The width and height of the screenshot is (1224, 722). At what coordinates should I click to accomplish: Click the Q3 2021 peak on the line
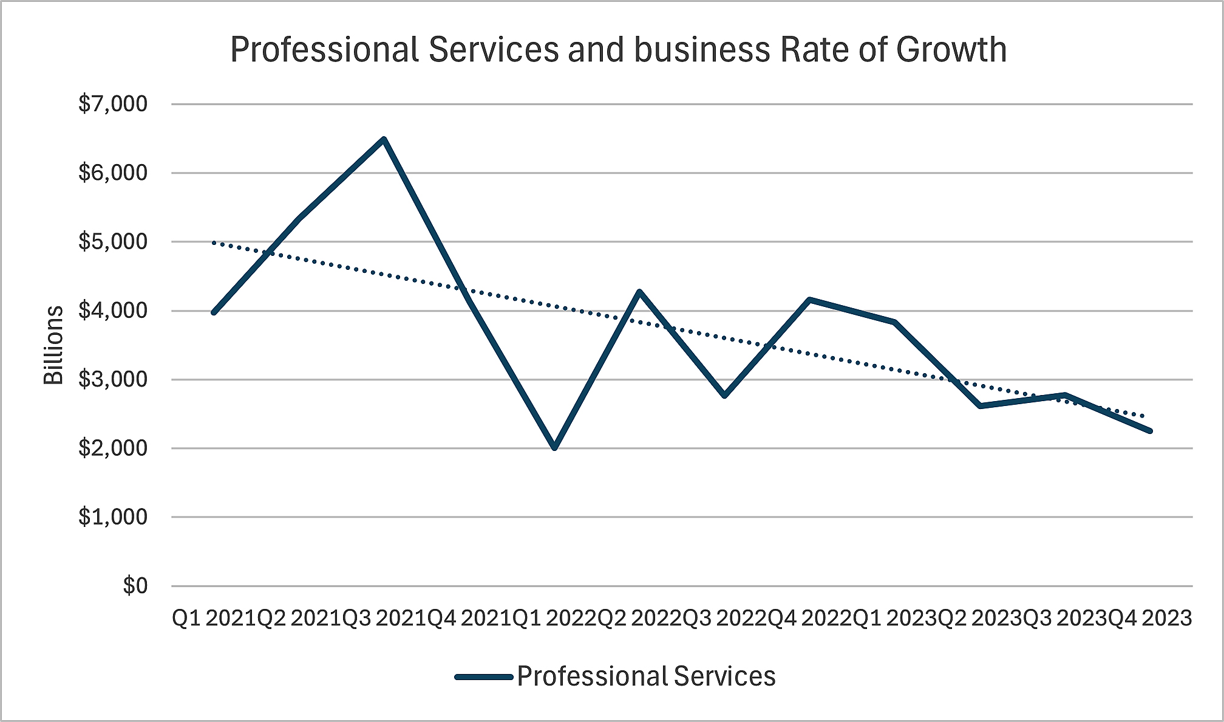tap(384, 140)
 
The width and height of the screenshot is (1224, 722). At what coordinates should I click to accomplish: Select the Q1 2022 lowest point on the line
tap(554, 447)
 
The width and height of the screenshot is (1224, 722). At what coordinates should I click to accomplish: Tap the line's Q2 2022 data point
tap(639, 292)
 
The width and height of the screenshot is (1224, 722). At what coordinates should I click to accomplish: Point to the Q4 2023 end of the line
tap(1149, 431)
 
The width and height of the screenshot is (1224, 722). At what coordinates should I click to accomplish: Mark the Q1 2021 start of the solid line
tap(214, 312)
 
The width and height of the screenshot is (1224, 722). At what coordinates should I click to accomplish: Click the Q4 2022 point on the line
tap(809, 299)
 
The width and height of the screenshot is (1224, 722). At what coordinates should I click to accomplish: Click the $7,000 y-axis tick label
tap(113, 104)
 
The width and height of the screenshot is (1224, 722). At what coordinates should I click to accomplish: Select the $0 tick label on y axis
tap(135, 586)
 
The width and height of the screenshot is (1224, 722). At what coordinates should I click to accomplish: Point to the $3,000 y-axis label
tap(113, 379)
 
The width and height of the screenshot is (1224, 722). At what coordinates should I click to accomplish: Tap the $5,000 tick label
tap(113, 242)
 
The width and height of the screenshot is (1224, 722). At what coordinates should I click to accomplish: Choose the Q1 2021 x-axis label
tap(214, 618)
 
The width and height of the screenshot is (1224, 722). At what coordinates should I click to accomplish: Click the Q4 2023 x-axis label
tap(1150, 618)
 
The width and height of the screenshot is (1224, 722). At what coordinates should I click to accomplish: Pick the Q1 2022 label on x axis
tap(554, 618)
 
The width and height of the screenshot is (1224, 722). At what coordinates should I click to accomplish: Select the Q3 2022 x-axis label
tap(725, 618)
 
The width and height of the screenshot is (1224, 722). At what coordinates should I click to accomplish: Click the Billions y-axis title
tap(53, 345)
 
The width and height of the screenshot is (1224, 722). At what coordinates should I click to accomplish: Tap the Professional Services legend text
tap(646, 676)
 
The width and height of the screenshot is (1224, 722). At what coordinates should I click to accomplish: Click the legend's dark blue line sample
tap(484, 676)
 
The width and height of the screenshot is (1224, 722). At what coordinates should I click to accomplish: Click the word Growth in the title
tap(951, 50)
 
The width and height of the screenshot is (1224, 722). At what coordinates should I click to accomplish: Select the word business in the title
tap(702, 50)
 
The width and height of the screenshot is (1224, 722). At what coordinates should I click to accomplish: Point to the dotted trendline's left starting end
tap(214, 242)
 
